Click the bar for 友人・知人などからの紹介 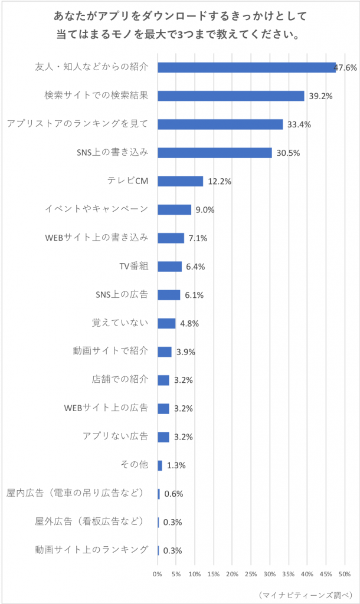click(247, 67)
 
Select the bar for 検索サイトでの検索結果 click(231, 96)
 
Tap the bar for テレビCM click(181, 181)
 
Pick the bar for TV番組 click(169, 267)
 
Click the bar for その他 click(160, 465)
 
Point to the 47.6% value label click(345, 68)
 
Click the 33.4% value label click(299, 125)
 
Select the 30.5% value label click(289, 153)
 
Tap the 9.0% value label click(205, 210)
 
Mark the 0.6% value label click(174, 494)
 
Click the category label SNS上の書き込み click(112, 152)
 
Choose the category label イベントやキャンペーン click(96, 209)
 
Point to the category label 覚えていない click(120, 323)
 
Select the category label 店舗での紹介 click(120, 379)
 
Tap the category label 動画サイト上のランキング click(91, 550)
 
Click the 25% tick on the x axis click(251, 575)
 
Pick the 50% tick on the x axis click(345, 575)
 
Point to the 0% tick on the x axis click(157, 575)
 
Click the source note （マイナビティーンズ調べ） click(306, 595)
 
